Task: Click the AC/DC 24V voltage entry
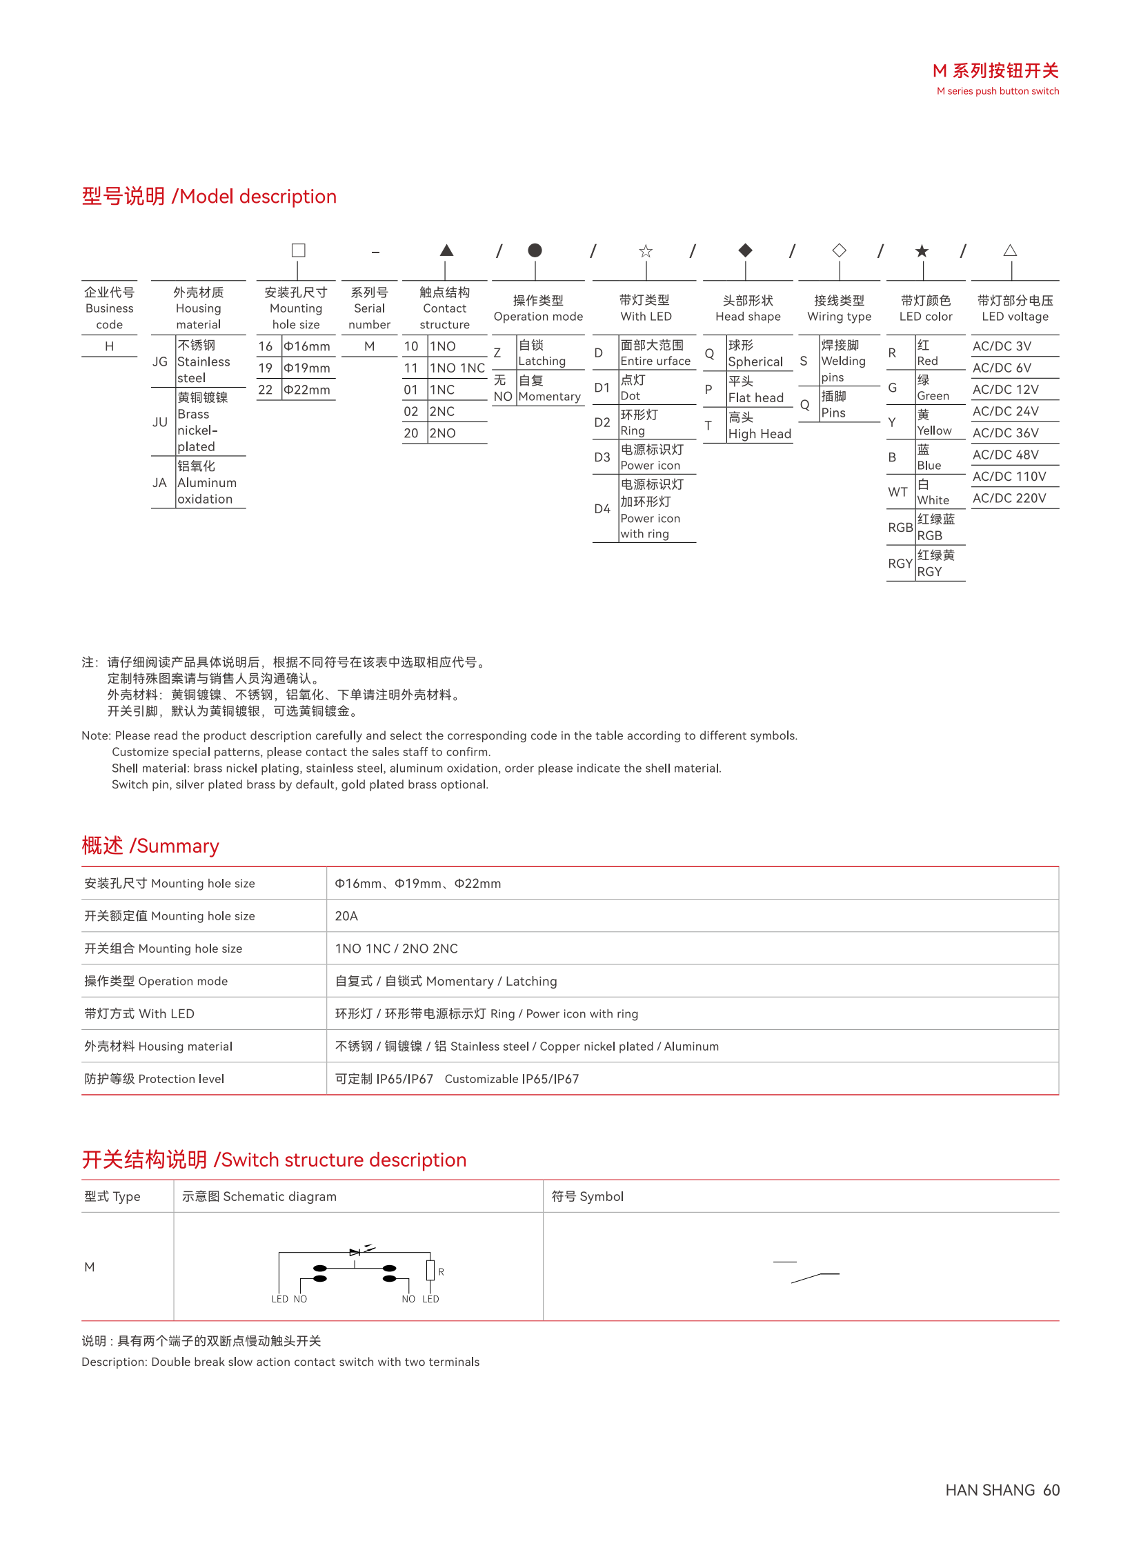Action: click(x=1005, y=411)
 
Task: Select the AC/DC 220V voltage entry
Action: click(x=1009, y=498)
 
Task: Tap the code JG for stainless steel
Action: click(x=159, y=361)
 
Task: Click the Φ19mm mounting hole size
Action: click(x=307, y=368)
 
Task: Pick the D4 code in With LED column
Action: click(x=602, y=509)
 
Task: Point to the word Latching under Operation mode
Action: click(x=542, y=361)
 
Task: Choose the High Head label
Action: click(x=759, y=434)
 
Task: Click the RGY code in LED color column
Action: click(x=900, y=564)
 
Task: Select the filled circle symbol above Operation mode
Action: click(x=535, y=250)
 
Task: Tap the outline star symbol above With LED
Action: click(x=645, y=250)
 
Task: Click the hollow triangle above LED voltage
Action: click(x=1010, y=250)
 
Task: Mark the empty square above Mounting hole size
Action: click(x=299, y=250)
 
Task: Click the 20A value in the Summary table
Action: click(x=346, y=916)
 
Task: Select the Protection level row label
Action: click(x=154, y=1079)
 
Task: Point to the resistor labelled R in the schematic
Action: click(x=430, y=1269)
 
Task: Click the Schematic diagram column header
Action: click(x=259, y=1196)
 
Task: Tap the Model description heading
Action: click(x=208, y=196)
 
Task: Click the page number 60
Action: click(x=1051, y=1490)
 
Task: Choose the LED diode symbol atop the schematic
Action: click(x=355, y=1251)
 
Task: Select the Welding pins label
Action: click(x=842, y=361)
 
